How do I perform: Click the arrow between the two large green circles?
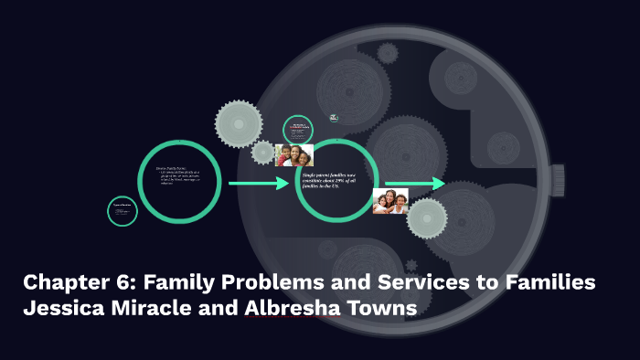tap(259, 184)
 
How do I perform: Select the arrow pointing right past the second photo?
tap(413, 184)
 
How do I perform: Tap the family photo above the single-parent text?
tap(294, 154)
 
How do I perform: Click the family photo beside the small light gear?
tap(390, 201)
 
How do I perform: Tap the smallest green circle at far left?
tap(123, 211)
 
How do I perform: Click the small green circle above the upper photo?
tap(298, 129)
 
